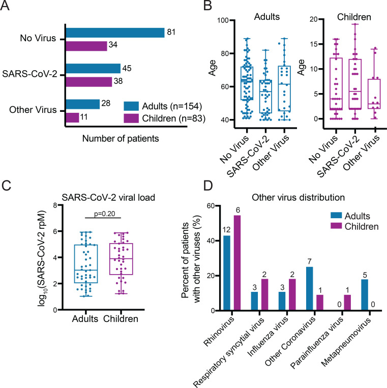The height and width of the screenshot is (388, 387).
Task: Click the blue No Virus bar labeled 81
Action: pos(114,33)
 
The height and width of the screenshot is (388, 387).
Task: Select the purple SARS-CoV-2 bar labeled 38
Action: pos(88,81)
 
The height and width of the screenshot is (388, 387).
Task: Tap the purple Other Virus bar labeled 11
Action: pos(72,117)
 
